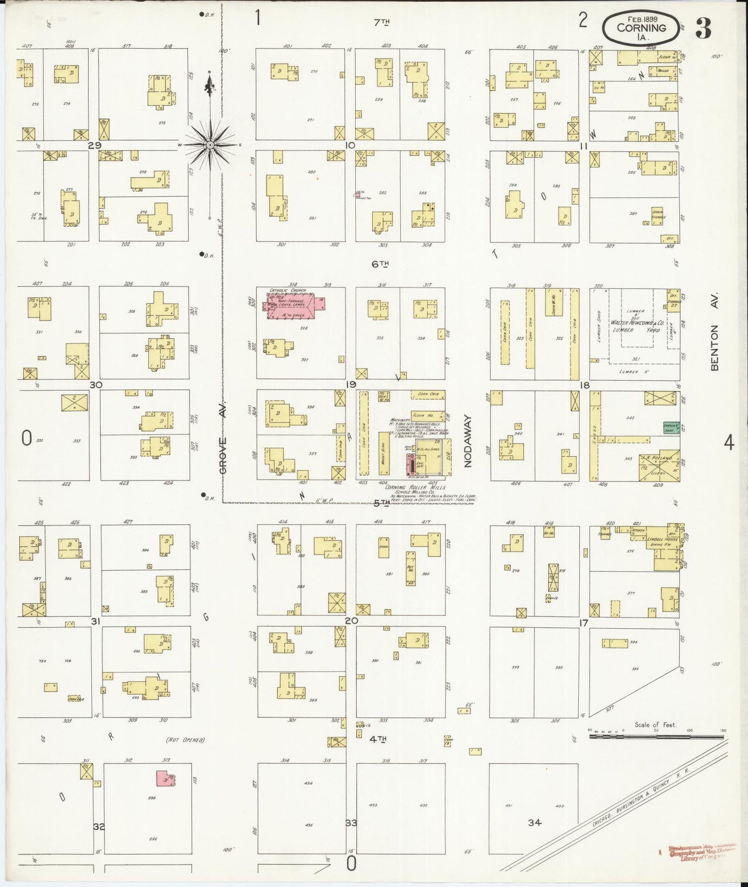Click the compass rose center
pyautogui.click(x=210, y=145)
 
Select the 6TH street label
pyautogui.click(x=380, y=264)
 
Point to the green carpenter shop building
pyautogui.click(x=671, y=427)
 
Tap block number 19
pyautogui.click(x=351, y=385)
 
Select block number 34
pyautogui.click(x=534, y=822)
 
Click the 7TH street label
pyautogui.click(x=382, y=22)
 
